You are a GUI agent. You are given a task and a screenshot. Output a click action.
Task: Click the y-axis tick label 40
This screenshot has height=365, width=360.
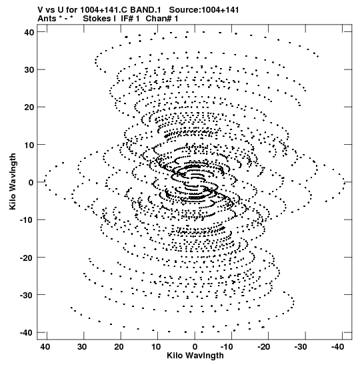click(x=29, y=32)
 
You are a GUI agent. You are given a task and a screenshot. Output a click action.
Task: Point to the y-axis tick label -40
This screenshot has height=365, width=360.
click(x=27, y=333)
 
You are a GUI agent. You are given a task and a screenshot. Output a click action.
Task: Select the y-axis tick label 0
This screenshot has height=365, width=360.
click(x=31, y=183)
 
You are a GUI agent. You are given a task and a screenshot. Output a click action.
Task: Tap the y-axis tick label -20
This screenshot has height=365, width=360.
click(x=27, y=258)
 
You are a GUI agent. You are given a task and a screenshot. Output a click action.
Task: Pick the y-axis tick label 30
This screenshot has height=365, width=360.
click(x=29, y=70)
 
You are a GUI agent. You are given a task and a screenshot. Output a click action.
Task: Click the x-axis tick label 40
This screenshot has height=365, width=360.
click(x=45, y=347)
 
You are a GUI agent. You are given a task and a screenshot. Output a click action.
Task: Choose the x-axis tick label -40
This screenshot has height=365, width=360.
click(x=337, y=347)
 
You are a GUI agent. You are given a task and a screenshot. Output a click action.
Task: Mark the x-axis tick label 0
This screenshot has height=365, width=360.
click(x=195, y=347)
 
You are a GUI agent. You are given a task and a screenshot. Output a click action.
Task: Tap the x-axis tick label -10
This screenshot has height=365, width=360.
click(x=227, y=347)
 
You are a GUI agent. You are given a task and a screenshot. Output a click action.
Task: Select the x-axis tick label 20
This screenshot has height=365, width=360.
click(x=119, y=347)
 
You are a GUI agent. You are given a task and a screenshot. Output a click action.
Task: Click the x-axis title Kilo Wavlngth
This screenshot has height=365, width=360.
click(x=195, y=356)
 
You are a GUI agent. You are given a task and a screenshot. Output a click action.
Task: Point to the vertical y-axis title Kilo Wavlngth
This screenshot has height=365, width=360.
click(x=13, y=181)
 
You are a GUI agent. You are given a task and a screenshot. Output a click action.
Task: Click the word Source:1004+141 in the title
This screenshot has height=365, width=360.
click(x=204, y=10)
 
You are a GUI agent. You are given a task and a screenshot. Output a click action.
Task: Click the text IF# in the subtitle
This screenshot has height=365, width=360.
click(x=127, y=19)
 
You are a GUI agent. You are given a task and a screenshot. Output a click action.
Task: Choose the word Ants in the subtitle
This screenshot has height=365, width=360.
click(x=47, y=19)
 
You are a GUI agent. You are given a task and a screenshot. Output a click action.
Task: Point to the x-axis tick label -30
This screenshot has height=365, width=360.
click(x=301, y=347)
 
